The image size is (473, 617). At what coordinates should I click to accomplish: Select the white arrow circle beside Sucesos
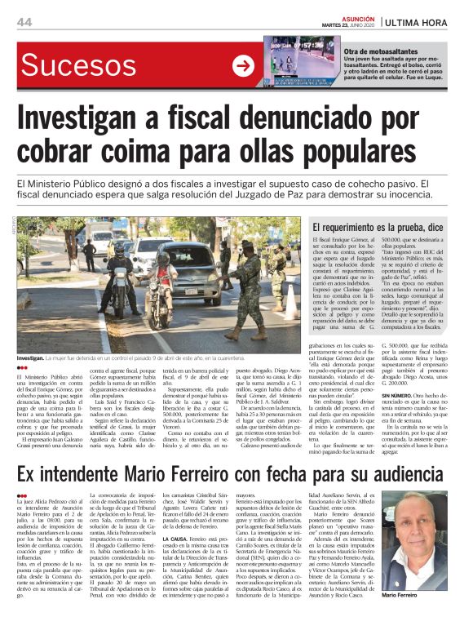pyautogui.click(x=243, y=66)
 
